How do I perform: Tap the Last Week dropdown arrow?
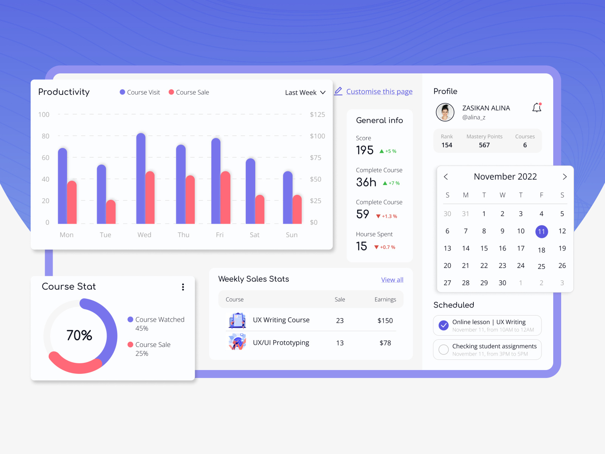(323, 92)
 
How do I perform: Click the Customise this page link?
(379, 92)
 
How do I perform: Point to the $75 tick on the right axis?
(316, 158)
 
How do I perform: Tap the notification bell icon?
(537, 108)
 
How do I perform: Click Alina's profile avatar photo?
(445, 112)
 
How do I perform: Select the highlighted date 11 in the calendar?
(541, 232)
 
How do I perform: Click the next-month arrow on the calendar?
(565, 177)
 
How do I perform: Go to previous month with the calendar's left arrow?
(446, 177)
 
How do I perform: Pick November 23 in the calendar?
(502, 266)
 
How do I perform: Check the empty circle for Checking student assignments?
(444, 350)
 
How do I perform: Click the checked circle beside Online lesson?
(444, 325)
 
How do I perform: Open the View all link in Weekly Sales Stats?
(392, 280)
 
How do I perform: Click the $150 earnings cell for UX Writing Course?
(385, 320)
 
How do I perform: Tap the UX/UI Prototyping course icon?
(237, 342)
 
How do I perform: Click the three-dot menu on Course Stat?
(183, 287)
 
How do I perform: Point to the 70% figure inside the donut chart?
(79, 335)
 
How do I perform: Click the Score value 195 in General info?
(365, 150)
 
